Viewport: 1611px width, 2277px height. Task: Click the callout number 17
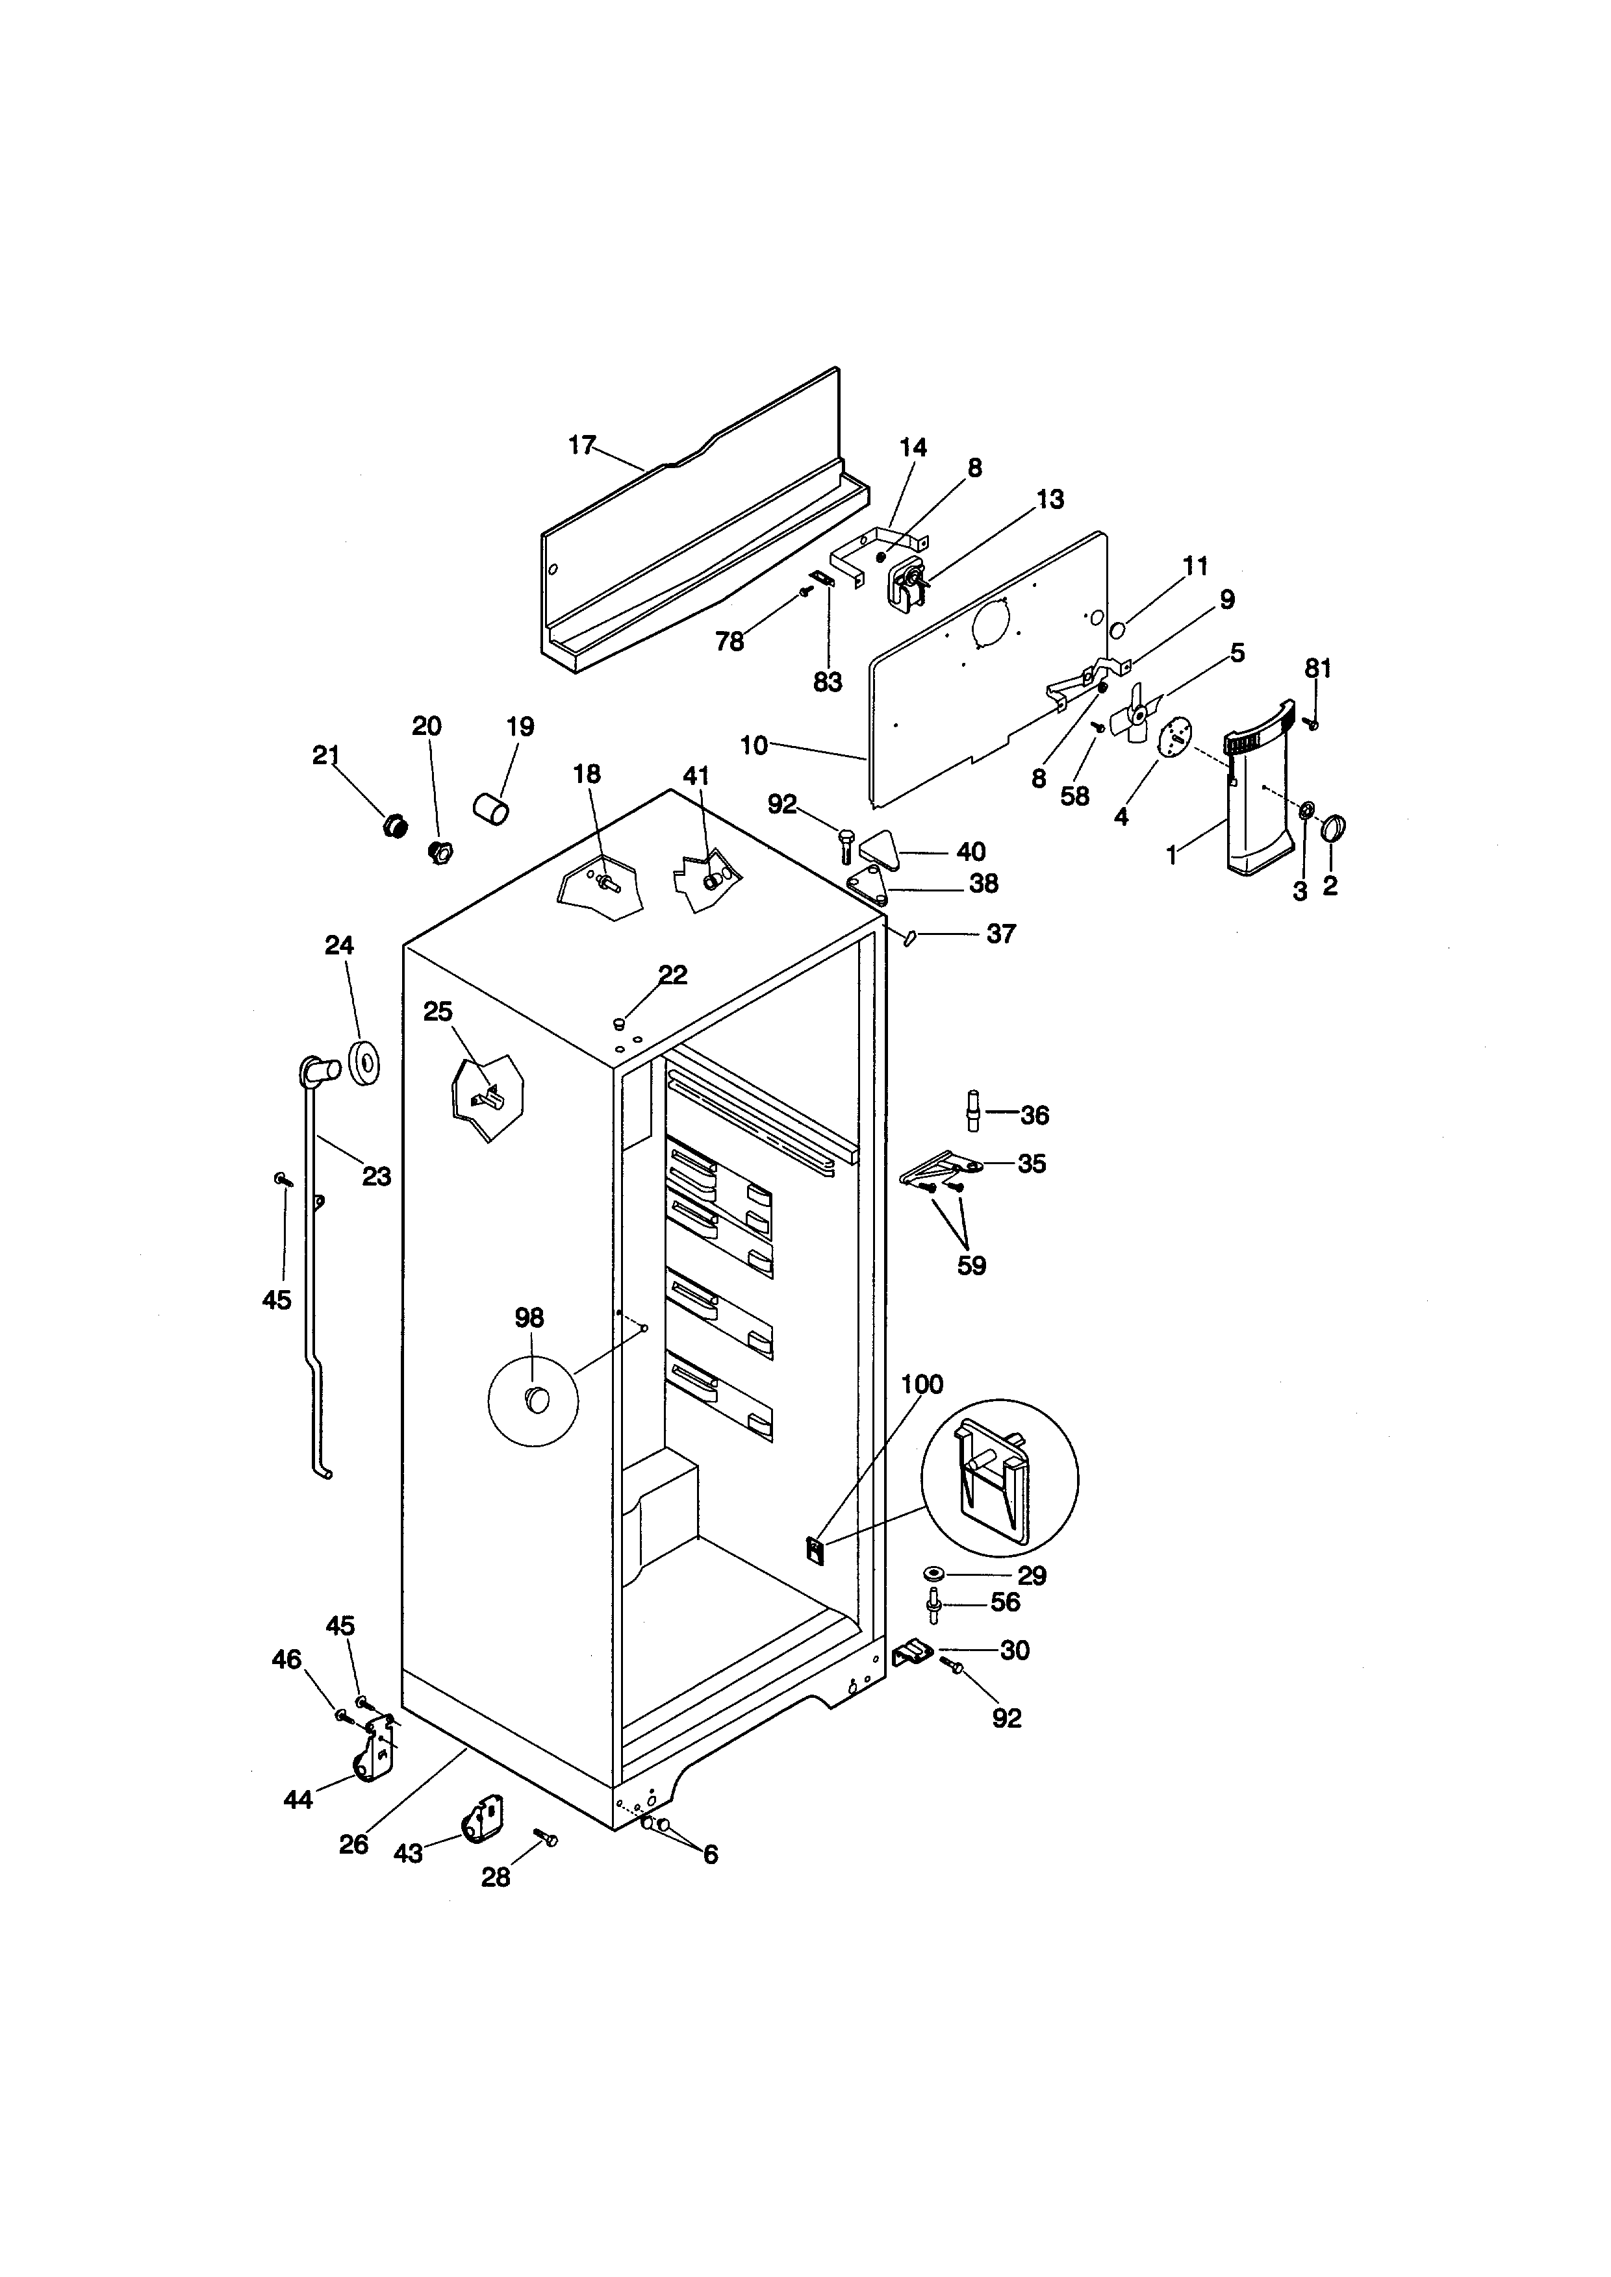pos(581,445)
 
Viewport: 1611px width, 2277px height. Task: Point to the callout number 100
pos(922,1384)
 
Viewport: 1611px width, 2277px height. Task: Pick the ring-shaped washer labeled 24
pos(365,1065)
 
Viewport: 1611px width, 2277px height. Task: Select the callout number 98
pos(529,1318)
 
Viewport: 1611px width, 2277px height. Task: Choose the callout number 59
pos(971,1267)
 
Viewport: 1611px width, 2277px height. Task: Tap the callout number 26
pos(353,1844)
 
